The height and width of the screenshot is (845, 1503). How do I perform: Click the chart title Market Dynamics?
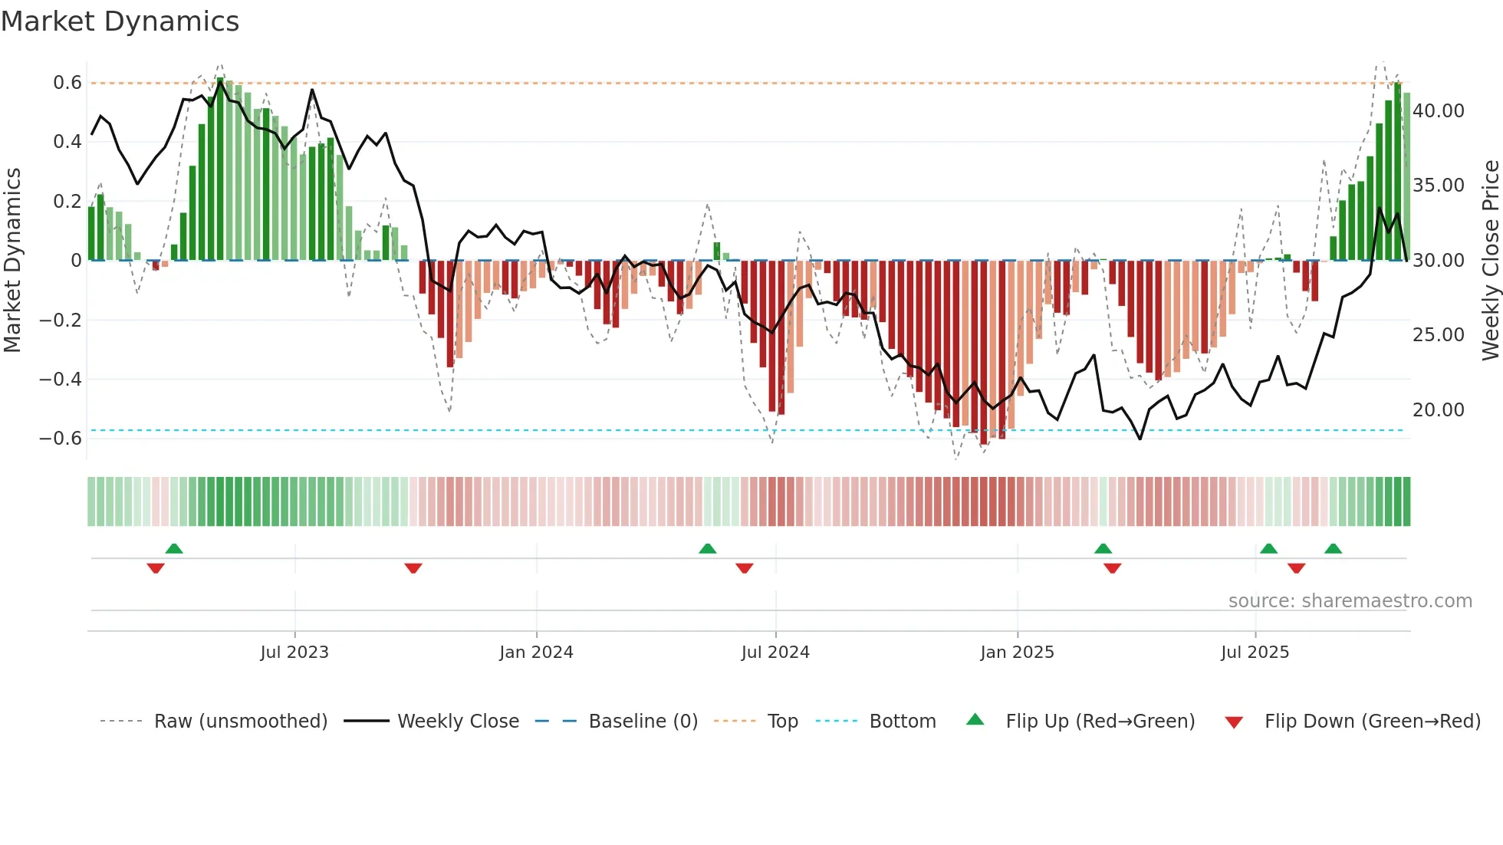[x=120, y=21]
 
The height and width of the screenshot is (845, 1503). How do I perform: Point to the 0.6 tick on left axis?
[x=67, y=83]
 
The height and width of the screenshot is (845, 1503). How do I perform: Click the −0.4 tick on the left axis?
[x=61, y=380]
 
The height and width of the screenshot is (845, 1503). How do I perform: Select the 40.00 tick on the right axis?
[x=1439, y=111]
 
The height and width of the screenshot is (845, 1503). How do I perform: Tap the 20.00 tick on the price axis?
[x=1439, y=410]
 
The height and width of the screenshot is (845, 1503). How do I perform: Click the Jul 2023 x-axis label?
[x=294, y=653]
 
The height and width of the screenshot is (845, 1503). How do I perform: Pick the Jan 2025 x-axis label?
[x=1017, y=653]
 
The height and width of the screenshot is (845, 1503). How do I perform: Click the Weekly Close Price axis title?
[x=1490, y=260]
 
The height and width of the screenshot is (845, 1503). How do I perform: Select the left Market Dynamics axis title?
[x=12, y=260]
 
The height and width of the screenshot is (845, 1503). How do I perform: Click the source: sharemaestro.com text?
[x=1350, y=601]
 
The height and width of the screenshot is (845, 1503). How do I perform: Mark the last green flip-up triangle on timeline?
[x=1333, y=549]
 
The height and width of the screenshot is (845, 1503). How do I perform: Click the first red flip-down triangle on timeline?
[x=156, y=568]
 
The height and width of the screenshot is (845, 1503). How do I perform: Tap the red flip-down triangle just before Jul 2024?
[x=744, y=568]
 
